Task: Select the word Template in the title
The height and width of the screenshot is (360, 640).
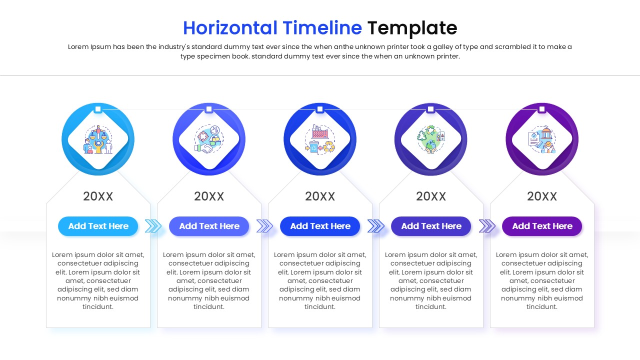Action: [412, 28]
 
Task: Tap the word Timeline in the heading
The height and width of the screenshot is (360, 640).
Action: [322, 28]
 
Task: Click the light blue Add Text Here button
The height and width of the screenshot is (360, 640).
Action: [98, 226]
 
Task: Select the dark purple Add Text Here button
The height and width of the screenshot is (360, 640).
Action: [542, 226]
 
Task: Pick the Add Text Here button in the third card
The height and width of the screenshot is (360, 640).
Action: [320, 226]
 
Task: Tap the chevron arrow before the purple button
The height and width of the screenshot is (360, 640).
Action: [486, 226]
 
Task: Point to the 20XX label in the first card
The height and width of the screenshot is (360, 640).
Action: [98, 196]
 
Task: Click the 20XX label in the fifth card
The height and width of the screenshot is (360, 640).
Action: [542, 196]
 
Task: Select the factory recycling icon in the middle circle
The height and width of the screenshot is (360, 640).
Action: [320, 139]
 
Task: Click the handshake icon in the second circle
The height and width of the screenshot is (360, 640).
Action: [209, 139]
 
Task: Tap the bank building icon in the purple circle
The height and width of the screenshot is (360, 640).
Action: [542, 139]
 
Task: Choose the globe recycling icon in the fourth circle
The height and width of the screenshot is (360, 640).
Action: [431, 139]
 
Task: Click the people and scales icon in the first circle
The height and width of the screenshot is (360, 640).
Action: [98, 139]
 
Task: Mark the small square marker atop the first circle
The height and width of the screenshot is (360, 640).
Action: [98, 109]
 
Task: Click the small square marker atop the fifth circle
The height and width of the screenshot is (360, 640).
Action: [542, 109]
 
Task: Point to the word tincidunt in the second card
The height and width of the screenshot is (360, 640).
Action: [209, 306]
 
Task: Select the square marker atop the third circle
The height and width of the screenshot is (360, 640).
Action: [320, 109]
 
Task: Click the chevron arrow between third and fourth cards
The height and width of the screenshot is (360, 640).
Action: [375, 226]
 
